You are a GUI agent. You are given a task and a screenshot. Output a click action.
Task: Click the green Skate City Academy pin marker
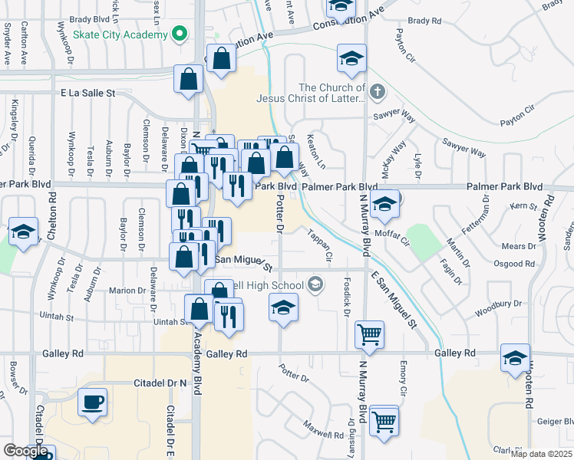tap(179, 34)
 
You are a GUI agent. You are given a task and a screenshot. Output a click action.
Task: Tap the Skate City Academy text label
tap(121, 35)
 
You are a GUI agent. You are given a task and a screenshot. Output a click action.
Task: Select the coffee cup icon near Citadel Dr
tap(92, 403)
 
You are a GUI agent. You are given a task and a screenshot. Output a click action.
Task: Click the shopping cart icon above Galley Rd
tap(370, 335)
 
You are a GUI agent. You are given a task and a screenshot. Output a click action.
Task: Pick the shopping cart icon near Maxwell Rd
tap(384, 420)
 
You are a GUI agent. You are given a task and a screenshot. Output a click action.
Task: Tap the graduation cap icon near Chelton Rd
tap(23, 231)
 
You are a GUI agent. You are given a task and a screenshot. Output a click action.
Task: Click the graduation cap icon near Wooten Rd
tap(515, 358)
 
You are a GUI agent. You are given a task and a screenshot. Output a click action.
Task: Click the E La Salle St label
tap(87, 93)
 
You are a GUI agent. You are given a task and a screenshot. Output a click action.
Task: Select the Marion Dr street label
tap(127, 291)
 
